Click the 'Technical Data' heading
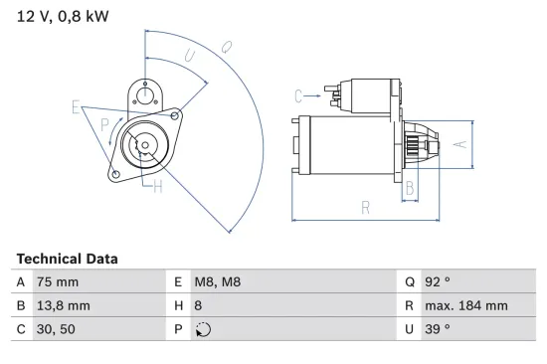(67, 259)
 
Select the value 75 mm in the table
(57, 282)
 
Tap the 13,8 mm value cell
(64, 306)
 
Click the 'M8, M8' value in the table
(217, 282)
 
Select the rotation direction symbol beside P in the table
(205, 330)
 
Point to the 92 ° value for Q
(438, 282)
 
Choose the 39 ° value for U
(438, 330)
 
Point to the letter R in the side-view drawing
(365, 207)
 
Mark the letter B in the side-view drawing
(409, 187)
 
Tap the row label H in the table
(179, 306)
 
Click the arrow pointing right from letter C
(315, 95)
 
